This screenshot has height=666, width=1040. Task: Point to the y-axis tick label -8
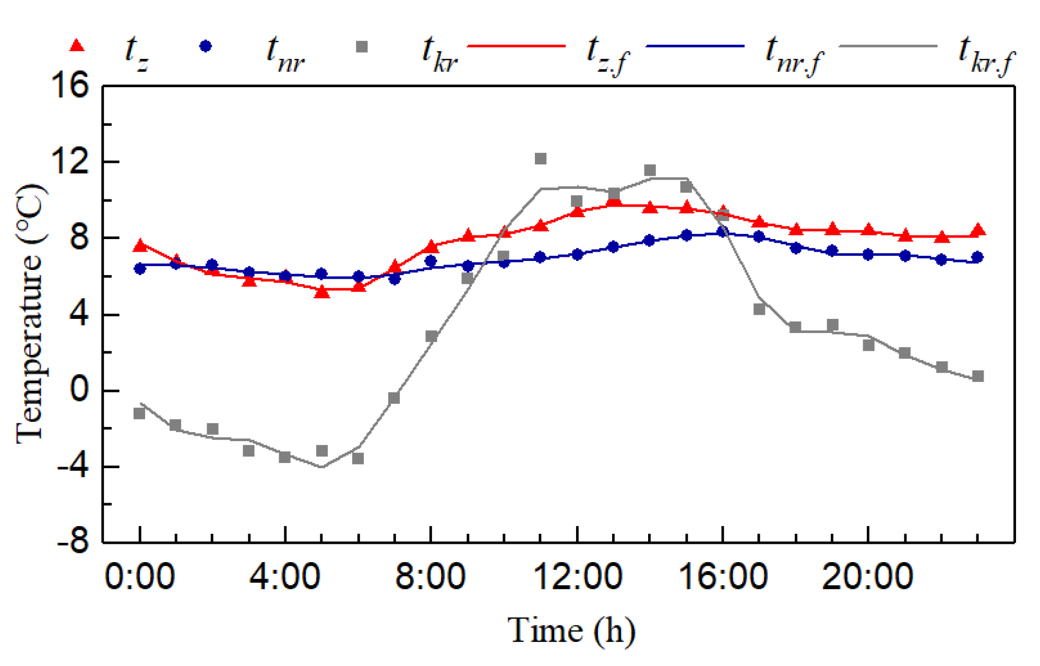tap(74, 543)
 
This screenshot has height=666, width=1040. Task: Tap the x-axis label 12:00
tap(578, 577)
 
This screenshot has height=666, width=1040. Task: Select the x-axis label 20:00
tap(868, 577)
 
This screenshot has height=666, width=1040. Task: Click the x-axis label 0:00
tap(140, 577)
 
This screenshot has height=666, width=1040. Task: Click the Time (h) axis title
tap(571, 630)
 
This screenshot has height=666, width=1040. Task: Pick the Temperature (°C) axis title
tap(30, 314)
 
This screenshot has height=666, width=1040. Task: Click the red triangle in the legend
tap(77, 46)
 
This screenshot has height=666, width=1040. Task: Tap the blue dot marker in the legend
tap(206, 46)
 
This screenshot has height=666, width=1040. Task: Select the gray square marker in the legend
tap(362, 47)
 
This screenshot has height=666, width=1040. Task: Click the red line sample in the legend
tap(516, 46)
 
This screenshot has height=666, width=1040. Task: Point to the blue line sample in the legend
tap(695, 46)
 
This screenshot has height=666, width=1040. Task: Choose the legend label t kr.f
tap(986, 55)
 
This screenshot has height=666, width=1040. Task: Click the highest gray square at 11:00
tap(541, 159)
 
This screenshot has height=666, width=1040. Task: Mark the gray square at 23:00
tap(978, 376)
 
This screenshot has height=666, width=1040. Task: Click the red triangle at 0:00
tap(140, 246)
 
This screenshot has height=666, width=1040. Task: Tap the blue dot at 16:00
tap(723, 232)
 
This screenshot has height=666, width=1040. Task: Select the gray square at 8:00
tap(431, 336)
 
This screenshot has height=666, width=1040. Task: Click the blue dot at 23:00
tap(978, 257)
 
